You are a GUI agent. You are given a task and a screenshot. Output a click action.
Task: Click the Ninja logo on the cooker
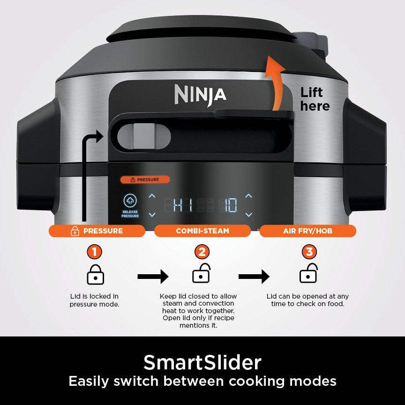click(x=200, y=94)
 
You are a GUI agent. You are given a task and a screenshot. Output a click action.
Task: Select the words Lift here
click(x=315, y=99)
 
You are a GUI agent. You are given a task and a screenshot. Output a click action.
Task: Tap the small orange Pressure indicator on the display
click(x=145, y=180)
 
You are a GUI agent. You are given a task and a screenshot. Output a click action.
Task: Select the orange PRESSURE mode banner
click(x=97, y=231)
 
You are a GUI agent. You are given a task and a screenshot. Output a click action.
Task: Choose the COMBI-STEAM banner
click(x=202, y=231)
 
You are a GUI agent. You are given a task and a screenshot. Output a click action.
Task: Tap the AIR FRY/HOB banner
click(x=308, y=231)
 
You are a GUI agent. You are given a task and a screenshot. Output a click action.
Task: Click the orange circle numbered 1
click(x=94, y=252)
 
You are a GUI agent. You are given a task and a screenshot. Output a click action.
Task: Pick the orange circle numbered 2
click(x=202, y=252)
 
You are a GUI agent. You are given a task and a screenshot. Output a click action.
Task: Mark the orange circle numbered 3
click(x=309, y=252)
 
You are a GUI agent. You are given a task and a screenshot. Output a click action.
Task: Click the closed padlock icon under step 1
click(x=96, y=275)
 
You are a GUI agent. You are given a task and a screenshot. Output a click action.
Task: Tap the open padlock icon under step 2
click(x=202, y=274)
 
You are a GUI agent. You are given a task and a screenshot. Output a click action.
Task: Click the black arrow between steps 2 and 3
click(x=254, y=277)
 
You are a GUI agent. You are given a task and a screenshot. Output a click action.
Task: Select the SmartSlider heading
click(x=202, y=362)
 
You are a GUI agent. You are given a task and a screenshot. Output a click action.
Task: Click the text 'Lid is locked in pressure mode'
click(x=94, y=300)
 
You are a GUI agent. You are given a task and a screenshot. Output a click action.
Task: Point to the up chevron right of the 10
click(x=248, y=196)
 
